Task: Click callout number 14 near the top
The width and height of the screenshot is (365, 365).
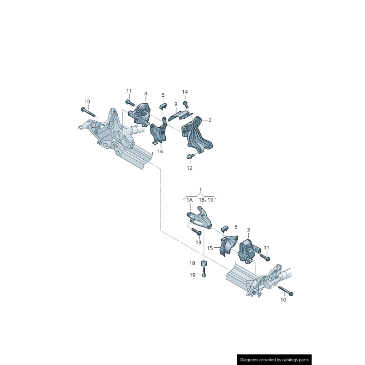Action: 185,92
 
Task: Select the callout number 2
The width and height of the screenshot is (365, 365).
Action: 210,120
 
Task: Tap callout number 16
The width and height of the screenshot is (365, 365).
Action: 160,151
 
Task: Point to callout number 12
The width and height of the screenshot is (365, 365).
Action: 189,168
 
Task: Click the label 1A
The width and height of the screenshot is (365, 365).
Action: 189,200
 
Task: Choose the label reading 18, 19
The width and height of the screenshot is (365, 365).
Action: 206,200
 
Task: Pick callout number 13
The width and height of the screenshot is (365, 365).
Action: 198,243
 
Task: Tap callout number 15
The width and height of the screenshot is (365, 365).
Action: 210,248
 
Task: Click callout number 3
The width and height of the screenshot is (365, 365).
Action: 248,230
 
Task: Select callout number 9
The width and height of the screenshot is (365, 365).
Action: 176,104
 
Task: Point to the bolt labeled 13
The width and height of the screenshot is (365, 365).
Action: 197,232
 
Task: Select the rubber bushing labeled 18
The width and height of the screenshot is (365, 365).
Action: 204,264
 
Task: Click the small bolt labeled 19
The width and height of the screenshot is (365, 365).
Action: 204,272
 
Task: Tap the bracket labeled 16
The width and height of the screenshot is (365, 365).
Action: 158,133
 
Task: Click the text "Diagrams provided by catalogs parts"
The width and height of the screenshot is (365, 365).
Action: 274,360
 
